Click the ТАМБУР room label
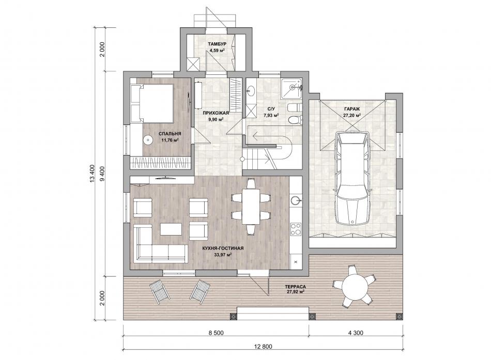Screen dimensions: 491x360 point(217,44)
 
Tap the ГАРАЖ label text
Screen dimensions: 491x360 point(352,109)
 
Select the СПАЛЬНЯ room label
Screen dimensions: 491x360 point(170,134)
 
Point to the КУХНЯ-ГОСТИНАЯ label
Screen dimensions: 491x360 point(223,248)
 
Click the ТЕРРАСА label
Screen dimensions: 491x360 point(295,287)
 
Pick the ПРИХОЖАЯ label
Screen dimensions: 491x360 point(216,113)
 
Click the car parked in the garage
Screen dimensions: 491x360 point(352,178)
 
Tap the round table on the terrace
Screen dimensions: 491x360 point(355,287)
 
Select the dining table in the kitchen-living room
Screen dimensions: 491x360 point(251,206)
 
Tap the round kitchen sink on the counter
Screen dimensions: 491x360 point(296,200)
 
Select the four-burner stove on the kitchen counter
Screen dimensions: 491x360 point(296,228)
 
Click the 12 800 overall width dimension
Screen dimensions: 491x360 point(264,347)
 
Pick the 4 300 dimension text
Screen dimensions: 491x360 point(356,333)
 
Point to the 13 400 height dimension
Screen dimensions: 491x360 point(92,174)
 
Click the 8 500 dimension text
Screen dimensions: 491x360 point(216,333)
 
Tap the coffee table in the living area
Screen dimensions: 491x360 point(171,229)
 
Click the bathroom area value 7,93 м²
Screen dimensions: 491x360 point(271,115)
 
